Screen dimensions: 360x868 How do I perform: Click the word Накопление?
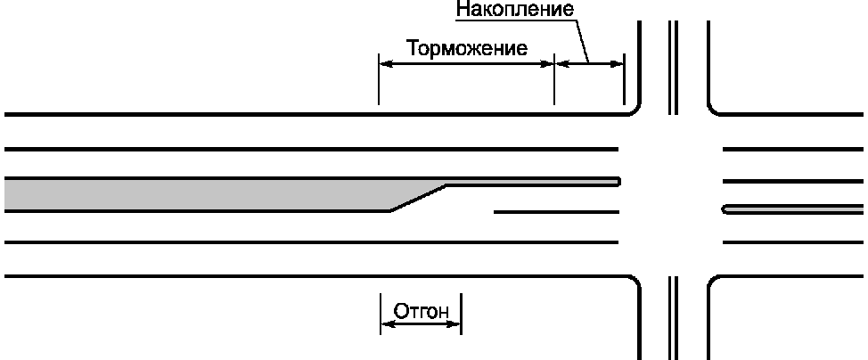tap(512, 10)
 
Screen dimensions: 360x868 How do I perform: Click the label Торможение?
tap(467, 47)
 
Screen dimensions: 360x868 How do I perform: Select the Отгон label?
tap(421, 312)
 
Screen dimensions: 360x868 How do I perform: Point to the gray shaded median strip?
tap(196, 194)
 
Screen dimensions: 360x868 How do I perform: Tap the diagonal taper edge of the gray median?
tap(418, 197)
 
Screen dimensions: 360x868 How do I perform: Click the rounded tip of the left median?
tap(617, 182)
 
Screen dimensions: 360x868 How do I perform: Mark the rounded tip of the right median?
tap(726, 209)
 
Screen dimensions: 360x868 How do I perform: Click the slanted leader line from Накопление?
tap(581, 40)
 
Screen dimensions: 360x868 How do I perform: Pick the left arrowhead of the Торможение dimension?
tap(385, 62)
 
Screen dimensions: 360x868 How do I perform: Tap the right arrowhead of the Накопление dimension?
tap(618, 62)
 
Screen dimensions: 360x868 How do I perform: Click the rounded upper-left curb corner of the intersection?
tap(634, 108)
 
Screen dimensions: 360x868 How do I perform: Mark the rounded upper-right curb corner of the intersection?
tap(716, 108)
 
